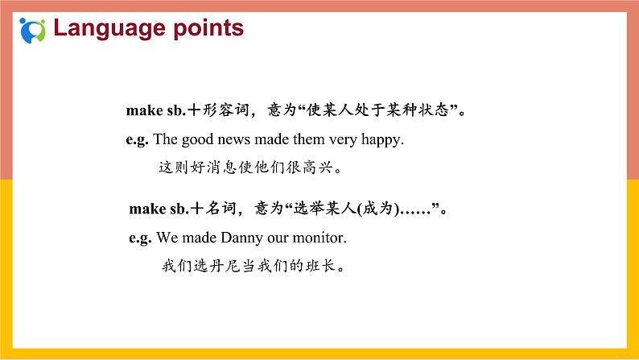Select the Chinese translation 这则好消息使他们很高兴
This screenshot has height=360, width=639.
250,168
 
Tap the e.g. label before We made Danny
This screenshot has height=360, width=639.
140,238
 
